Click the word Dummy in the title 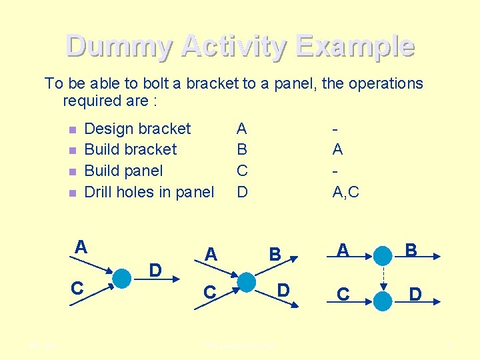click(119, 46)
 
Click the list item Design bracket click(137, 129)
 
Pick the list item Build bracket click(131, 149)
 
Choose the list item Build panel click(123, 171)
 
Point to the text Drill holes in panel click(149, 192)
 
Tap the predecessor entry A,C click(345, 192)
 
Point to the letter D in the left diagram click(155, 270)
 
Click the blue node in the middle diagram click(246, 281)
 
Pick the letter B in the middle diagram click(275, 254)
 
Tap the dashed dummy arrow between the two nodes click(383, 279)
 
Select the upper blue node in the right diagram click(383, 256)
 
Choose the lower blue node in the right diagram click(383, 301)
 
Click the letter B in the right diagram click(411, 250)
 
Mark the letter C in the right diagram click(343, 293)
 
